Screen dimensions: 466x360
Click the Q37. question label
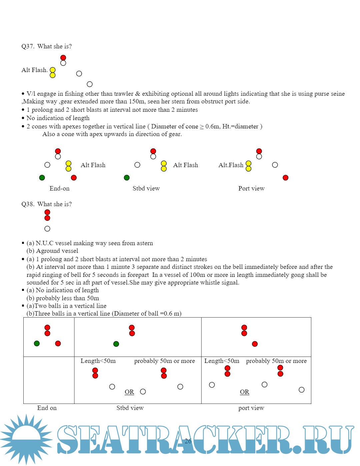click(28, 46)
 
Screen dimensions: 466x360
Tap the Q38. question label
click(28, 204)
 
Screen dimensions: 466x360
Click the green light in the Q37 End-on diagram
click(42, 178)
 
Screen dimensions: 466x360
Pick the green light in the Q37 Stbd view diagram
click(127, 178)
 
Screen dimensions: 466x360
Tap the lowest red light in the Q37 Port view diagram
click(285, 178)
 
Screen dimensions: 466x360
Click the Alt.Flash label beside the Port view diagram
click(231, 165)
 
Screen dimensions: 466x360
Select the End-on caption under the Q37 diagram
click(59, 188)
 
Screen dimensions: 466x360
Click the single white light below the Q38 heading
click(47, 229)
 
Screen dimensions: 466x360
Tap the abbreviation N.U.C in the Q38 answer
click(45, 243)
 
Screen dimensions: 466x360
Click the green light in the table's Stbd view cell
click(116, 344)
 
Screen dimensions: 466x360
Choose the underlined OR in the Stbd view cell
click(129, 392)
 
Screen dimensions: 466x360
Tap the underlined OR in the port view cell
click(244, 392)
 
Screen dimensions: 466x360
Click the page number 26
click(188, 441)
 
